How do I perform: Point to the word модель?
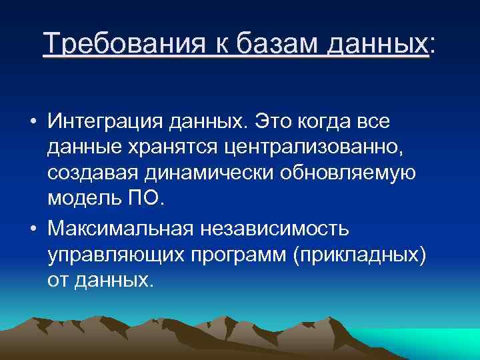click(85, 199)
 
